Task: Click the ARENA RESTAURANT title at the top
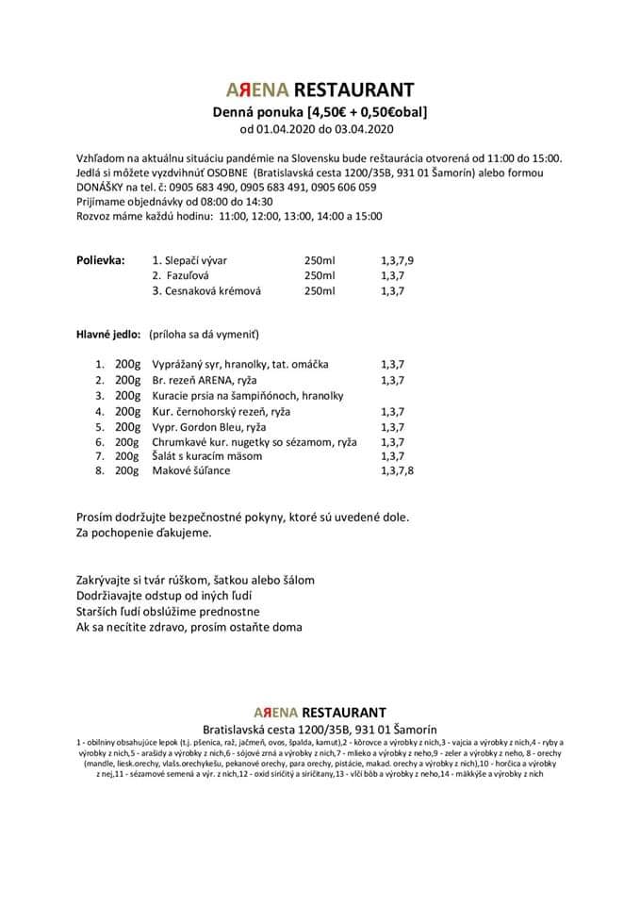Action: [320, 90]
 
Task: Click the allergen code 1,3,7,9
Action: [397, 260]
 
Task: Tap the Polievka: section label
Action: [100, 260]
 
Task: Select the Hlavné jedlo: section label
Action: [108, 335]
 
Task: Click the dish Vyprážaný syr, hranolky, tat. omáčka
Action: [241, 364]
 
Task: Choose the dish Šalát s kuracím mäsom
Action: [207, 456]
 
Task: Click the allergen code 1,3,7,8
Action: [397, 470]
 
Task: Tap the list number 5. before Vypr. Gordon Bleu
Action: [99, 426]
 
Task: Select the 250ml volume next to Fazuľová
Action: [320, 275]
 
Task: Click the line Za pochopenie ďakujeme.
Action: [143, 533]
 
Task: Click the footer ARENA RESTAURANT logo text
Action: [320, 712]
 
